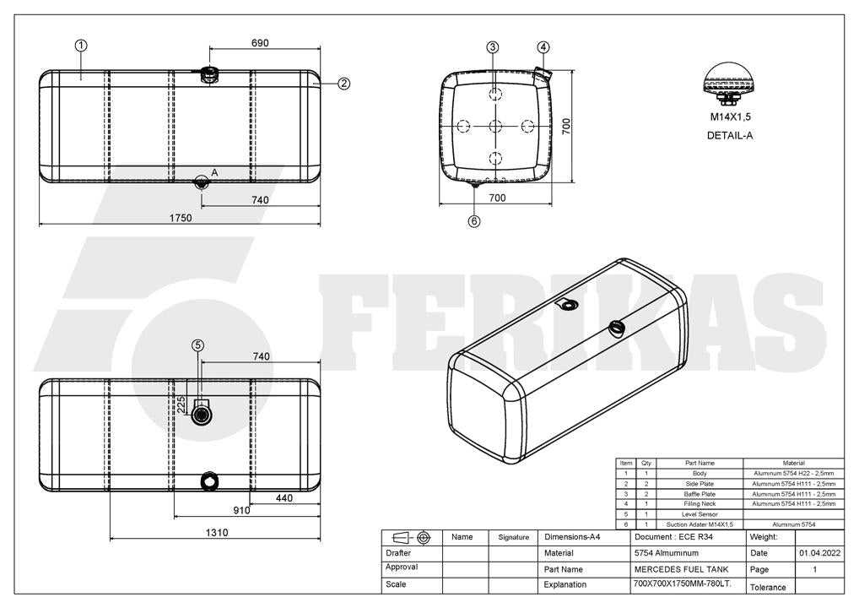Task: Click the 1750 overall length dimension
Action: [181, 218]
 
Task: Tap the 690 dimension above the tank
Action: [260, 43]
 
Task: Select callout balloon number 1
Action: [81, 46]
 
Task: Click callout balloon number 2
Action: [343, 84]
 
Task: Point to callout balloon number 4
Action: [543, 47]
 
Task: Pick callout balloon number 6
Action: [474, 221]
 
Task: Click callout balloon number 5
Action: [197, 345]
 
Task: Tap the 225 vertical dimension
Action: [181, 405]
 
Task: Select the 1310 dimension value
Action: [217, 532]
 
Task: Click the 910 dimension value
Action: [241, 510]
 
